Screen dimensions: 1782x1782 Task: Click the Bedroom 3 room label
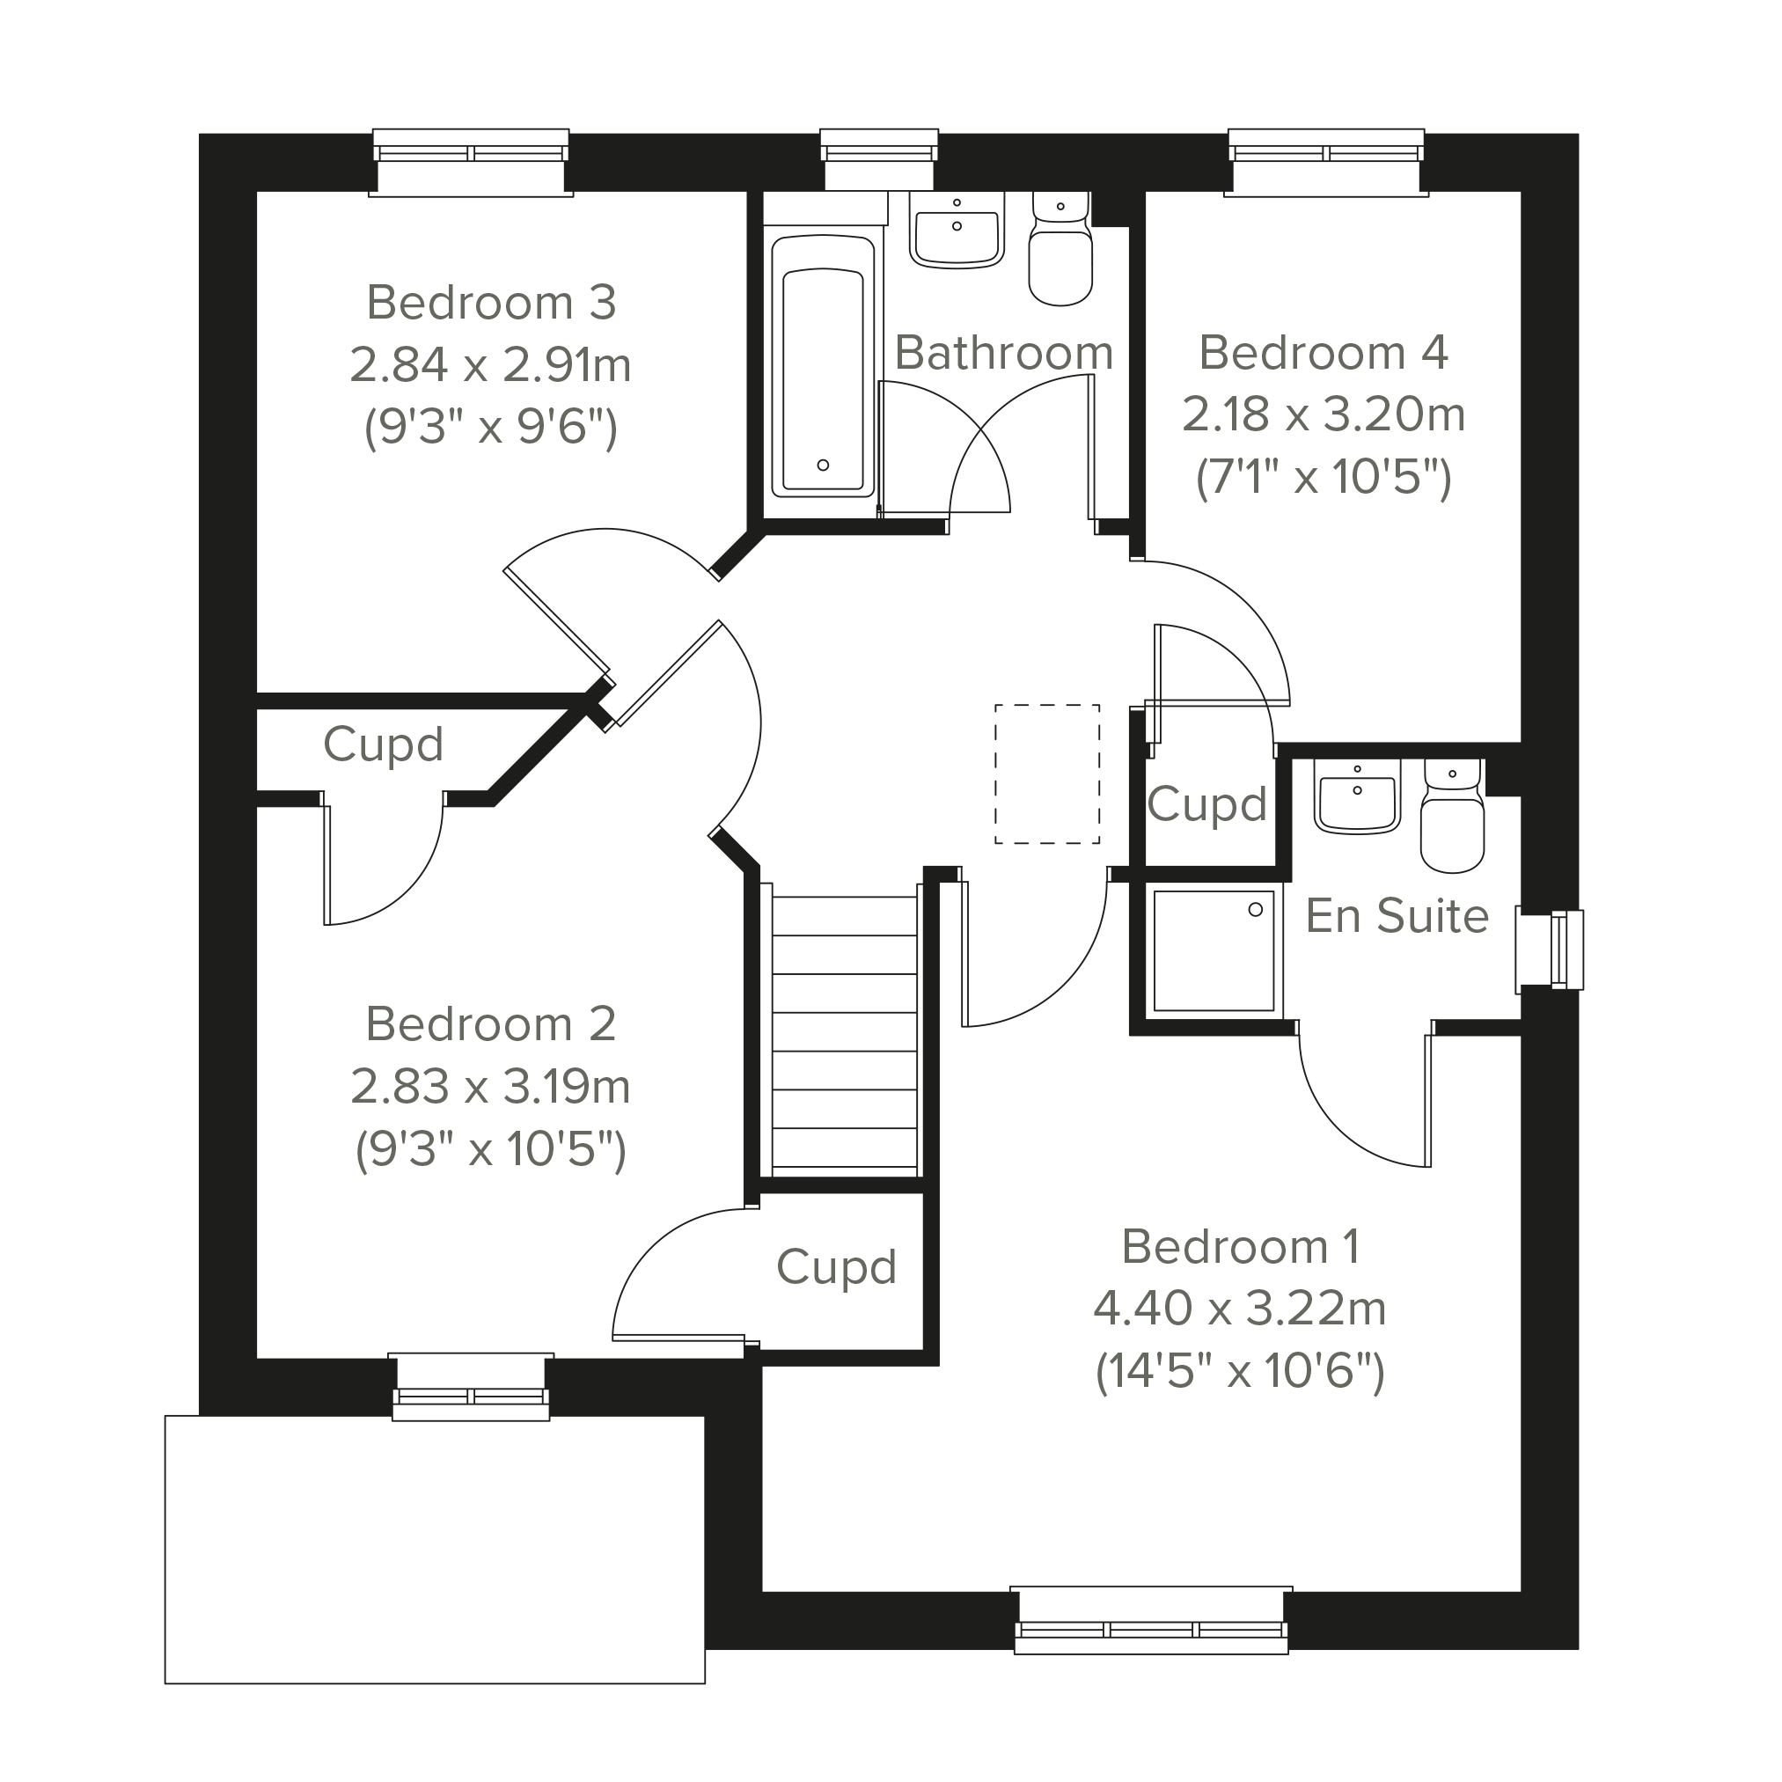[x=492, y=303]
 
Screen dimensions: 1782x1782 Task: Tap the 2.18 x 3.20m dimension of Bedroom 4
[x=1324, y=414]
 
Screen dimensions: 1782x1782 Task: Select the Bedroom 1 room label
[x=1241, y=1247]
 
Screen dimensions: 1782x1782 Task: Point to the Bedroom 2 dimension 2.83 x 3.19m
[x=491, y=1087]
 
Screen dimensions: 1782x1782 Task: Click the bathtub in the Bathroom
[x=823, y=365]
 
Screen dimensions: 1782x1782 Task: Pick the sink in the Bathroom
[x=957, y=230]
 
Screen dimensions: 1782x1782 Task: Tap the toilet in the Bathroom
[x=1060, y=249]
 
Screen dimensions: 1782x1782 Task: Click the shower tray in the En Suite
[x=1213, y=950]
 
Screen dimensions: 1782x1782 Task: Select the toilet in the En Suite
[x=1453, y=816]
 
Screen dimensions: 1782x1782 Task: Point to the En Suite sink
[x=1357, y=797]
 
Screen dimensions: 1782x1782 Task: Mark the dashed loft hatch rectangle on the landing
[x=1047, y=774]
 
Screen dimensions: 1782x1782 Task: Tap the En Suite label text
[x=1397, y=916]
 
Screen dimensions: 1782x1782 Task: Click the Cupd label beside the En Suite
[x=1207, y=803]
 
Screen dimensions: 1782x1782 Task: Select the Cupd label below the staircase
[x=837, y=1266]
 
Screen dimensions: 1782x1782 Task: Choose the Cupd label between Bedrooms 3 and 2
[x=384, y=744]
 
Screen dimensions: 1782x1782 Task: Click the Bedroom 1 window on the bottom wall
[x=1151, y=1620]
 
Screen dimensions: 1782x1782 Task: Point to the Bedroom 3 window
[x=471, y=162]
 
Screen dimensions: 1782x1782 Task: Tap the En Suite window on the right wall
[x=1550, y=950]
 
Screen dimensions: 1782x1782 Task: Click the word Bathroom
[x=1003, y=352]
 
